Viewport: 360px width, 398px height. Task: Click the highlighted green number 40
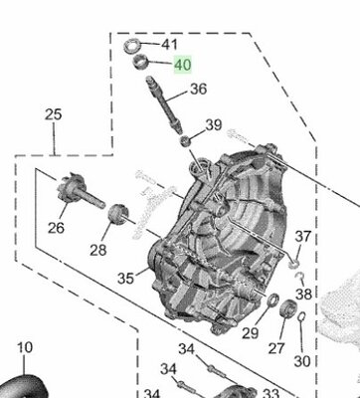pyautogui.click(x=183, y=65)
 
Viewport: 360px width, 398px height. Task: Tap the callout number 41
pyautogui.click(x=170, y=45)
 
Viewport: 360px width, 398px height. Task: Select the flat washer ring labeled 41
pyautogui.click(x=131, y=45)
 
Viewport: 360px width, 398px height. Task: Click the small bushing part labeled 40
pyautogui.click(x=140, y=62)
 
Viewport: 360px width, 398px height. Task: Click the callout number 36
pyautogui.click(x=199, y=89)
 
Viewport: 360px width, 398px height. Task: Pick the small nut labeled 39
pyautogui.click(x=186, y=141)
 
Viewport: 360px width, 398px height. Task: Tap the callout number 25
pyautogui.click(x=54, y=114)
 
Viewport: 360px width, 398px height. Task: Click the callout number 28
pyautogui.click(x=98, y=250)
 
